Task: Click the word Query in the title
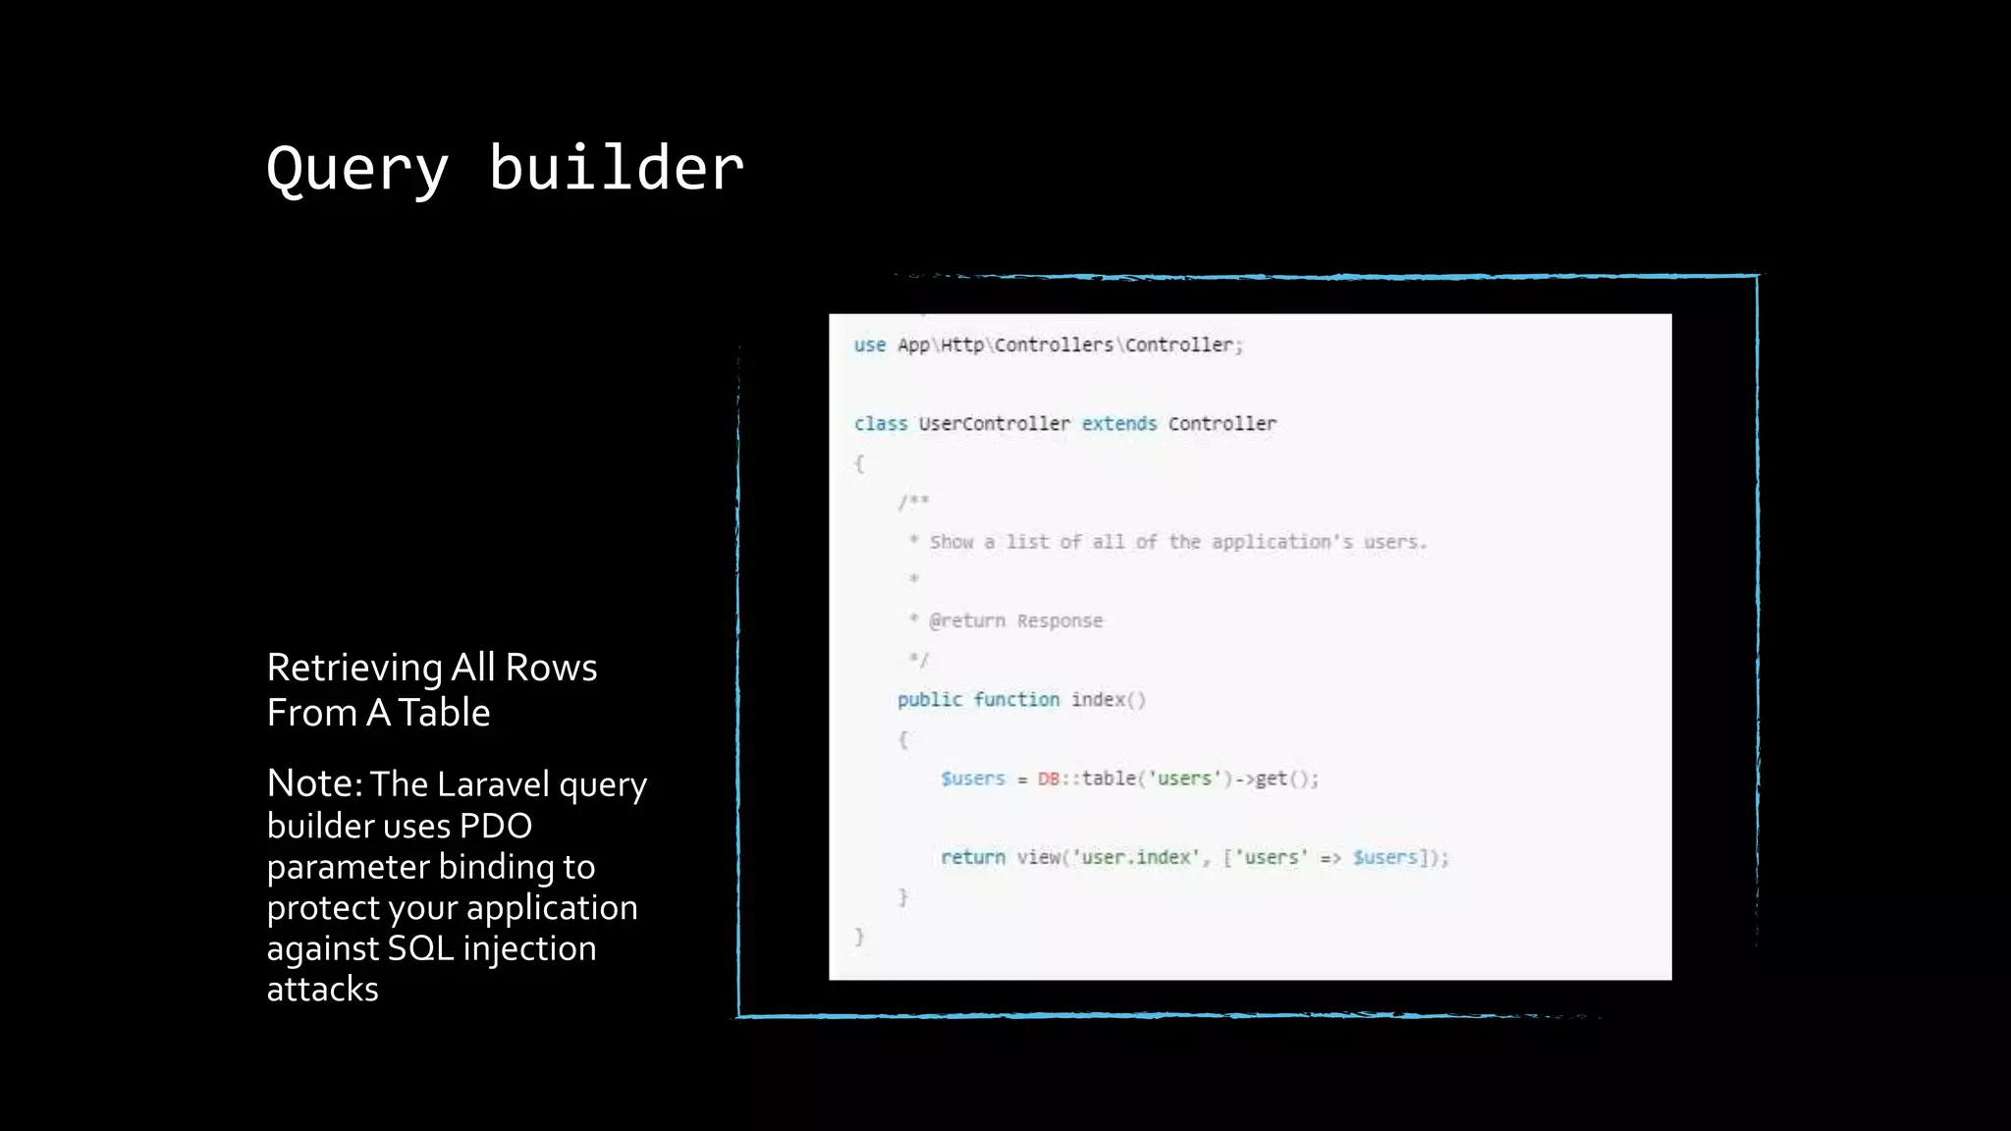357,169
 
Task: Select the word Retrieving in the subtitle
354,669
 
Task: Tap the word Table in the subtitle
444,713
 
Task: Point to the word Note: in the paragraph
315,783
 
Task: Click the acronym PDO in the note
496,826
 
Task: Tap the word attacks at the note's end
322,989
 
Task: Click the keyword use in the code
869,345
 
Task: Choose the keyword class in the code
880,423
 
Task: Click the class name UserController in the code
994,423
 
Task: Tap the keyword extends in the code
1119,423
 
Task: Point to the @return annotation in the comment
967,620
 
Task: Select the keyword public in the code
929,699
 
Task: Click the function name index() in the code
1108,699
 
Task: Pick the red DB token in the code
1048,779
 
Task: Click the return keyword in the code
972,857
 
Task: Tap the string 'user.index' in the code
1136,857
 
